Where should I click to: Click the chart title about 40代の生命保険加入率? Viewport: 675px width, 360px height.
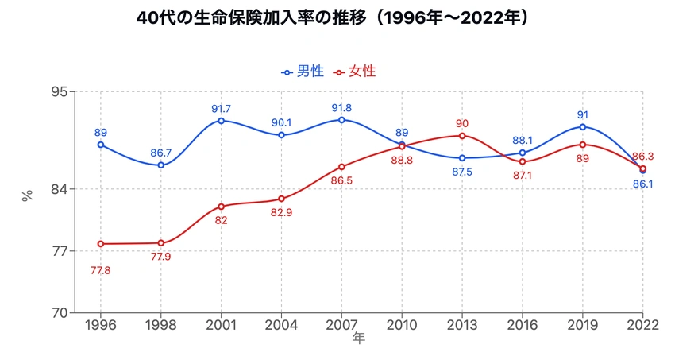[337, 17]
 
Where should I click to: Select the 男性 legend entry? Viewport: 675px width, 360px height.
[303, 72]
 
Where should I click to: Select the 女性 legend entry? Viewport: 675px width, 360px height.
[353, 72]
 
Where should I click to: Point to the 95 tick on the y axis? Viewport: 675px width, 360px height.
[60, 91]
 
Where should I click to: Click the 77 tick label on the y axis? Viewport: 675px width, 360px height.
[60, 251]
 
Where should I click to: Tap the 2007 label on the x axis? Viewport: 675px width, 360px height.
[341, 326]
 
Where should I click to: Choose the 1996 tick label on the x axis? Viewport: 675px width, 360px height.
[100, 326]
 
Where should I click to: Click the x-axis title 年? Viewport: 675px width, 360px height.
[359, 339]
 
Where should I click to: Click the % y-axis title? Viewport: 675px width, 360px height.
[28, 196]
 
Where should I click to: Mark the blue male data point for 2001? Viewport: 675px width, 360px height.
[221, 121]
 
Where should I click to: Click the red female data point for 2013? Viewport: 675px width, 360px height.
[462, 136]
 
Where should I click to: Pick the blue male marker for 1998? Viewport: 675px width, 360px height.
[160, 165]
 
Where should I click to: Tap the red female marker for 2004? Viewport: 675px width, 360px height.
[281, 199]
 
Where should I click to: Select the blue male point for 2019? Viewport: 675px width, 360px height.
[583, 127]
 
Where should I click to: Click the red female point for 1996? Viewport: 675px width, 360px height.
[100, 244]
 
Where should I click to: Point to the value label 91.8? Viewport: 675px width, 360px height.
[341, 108]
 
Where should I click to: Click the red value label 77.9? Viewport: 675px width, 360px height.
[160, 257]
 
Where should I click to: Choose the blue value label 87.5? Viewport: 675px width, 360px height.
[462, 172]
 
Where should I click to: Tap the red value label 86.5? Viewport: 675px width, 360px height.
[341, 180]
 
